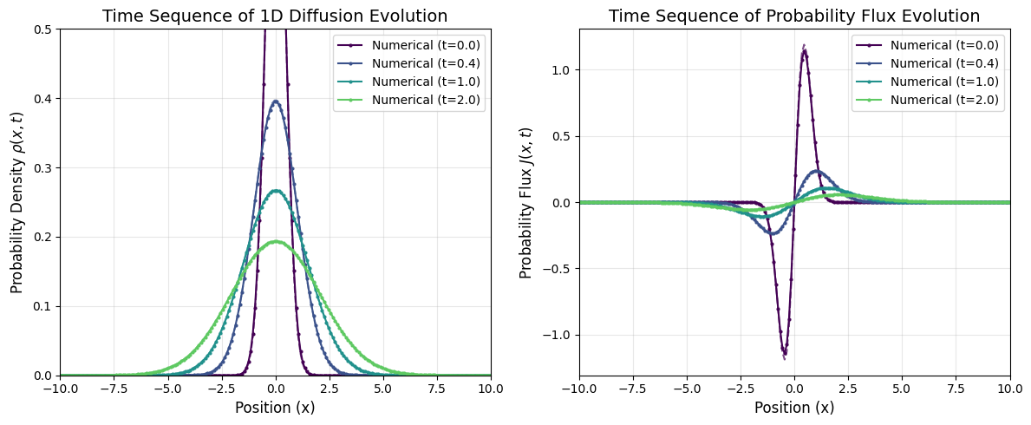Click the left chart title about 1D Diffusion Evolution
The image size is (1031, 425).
point(275,16)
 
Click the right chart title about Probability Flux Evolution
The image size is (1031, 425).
point(794,16)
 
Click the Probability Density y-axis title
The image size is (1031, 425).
point(16,202)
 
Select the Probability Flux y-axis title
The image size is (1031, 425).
point(526,202)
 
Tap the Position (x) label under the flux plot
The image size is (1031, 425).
point(794,408)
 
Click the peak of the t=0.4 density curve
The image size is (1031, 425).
point(276,101)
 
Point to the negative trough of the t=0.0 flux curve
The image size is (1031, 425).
point(785,353)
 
